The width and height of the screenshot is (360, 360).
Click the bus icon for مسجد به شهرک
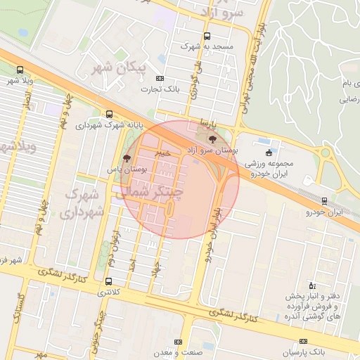click(206, 36)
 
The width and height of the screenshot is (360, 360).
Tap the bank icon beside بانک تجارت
click(160, 78)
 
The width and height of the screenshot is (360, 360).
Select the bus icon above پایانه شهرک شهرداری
click(108, 114)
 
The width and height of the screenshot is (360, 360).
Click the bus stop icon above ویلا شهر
click(19, 70)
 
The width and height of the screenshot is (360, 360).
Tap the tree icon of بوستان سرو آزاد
click(213, 141)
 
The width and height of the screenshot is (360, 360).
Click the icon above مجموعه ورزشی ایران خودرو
click(268, 153)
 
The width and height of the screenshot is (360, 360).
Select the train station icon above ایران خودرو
click(324, 200)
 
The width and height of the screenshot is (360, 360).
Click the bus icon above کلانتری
click(107, 281)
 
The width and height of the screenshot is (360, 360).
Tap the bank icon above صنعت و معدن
click(177, 341)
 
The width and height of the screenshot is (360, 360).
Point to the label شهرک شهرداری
click(84, 202)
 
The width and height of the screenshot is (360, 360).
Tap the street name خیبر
click(163, 151)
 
